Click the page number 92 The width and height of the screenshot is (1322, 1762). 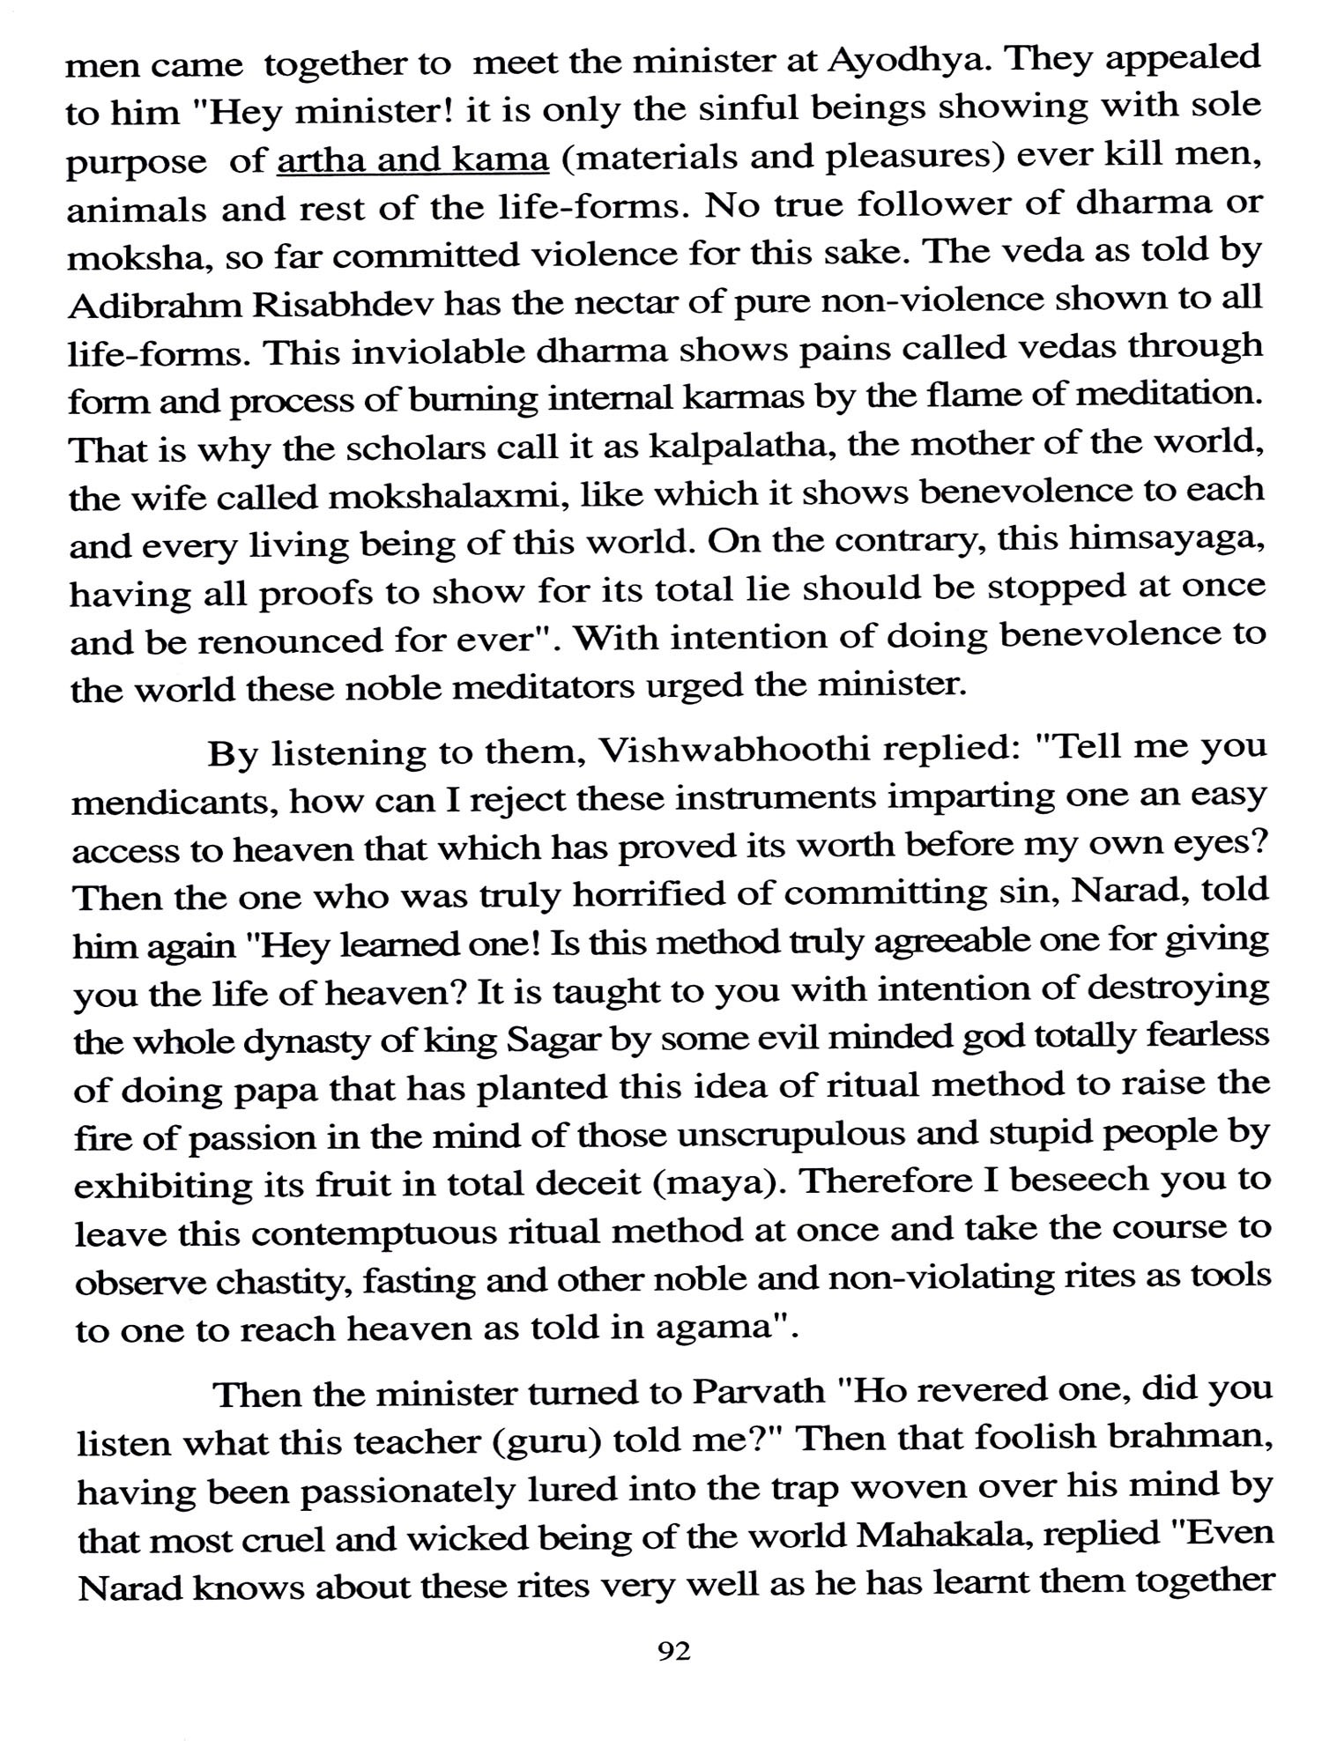point(673,1650)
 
